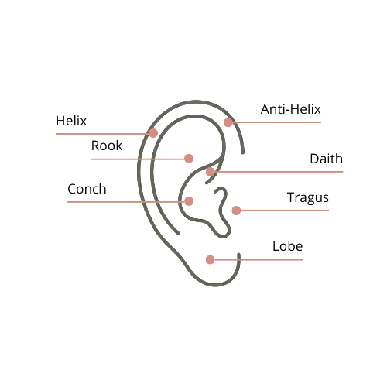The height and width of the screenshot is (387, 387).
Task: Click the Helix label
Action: [x=71, y=122]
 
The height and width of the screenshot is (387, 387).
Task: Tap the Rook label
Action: [x=107, y=146]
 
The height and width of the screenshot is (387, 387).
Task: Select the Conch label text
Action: [x=87, y=190]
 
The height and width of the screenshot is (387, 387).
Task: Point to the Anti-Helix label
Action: [x=290, y=110]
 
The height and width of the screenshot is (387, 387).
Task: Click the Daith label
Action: [x=326, y=159]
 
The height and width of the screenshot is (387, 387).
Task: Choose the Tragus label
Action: [x=307, y=198]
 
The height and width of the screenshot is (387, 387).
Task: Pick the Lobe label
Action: [x=287, y=247]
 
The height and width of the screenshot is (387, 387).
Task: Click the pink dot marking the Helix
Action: [x=153, y=132]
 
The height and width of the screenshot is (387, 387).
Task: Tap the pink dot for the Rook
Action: [x=188, y=158]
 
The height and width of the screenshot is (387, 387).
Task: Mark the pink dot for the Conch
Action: [x=189, y=200]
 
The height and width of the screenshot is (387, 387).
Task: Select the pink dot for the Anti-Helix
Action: [x=228, y=122]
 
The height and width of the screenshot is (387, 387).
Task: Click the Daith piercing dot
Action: [x=211, y=171]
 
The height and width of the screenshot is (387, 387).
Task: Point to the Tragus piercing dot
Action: [x=236, y=210]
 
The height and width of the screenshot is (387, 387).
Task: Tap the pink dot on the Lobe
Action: [x=210, y=259]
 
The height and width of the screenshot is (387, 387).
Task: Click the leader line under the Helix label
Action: [x=101, y=133]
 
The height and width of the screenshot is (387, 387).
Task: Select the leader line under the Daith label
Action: [x=279, y=171]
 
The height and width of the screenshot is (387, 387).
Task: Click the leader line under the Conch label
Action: [x=124, y=201]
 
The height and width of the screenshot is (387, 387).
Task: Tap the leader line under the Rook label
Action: [x=135, y=159]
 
